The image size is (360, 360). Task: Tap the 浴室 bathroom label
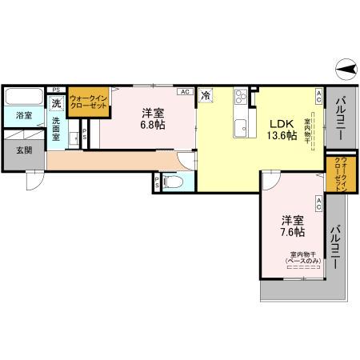point(24,116)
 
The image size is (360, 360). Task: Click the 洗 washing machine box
point(56,103)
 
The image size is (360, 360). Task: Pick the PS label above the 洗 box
point(56,90)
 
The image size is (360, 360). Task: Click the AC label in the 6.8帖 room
point(186,92)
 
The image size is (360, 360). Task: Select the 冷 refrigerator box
point(206,95)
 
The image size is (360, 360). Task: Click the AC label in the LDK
point(318,98)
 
